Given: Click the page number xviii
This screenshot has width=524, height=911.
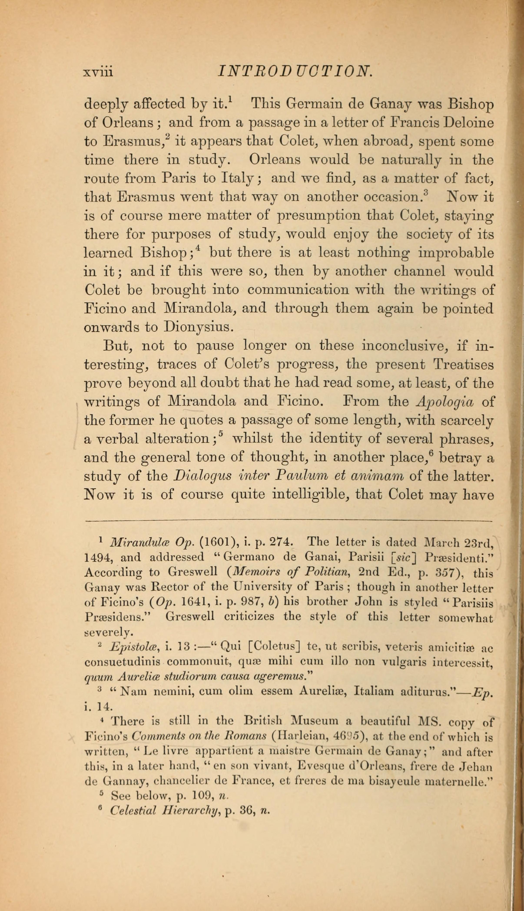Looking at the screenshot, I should [98, 72].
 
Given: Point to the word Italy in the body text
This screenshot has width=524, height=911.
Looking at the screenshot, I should [238, 178].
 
